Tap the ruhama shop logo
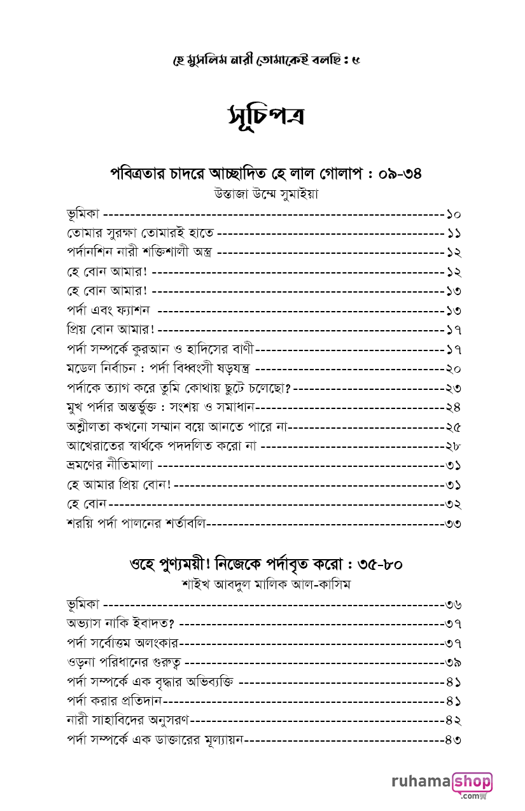pos(442,785)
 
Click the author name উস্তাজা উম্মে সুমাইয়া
pos(266,194)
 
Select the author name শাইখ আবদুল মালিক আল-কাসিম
pos(266,585)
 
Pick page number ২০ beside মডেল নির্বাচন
pos(453,369)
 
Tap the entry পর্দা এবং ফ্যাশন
pos(108,311)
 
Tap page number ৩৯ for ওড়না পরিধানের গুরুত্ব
pos(453,663)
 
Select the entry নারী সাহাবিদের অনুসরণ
pos(128,721)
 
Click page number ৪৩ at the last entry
pos(453,740)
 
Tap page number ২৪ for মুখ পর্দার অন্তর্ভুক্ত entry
pos(453,408)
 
